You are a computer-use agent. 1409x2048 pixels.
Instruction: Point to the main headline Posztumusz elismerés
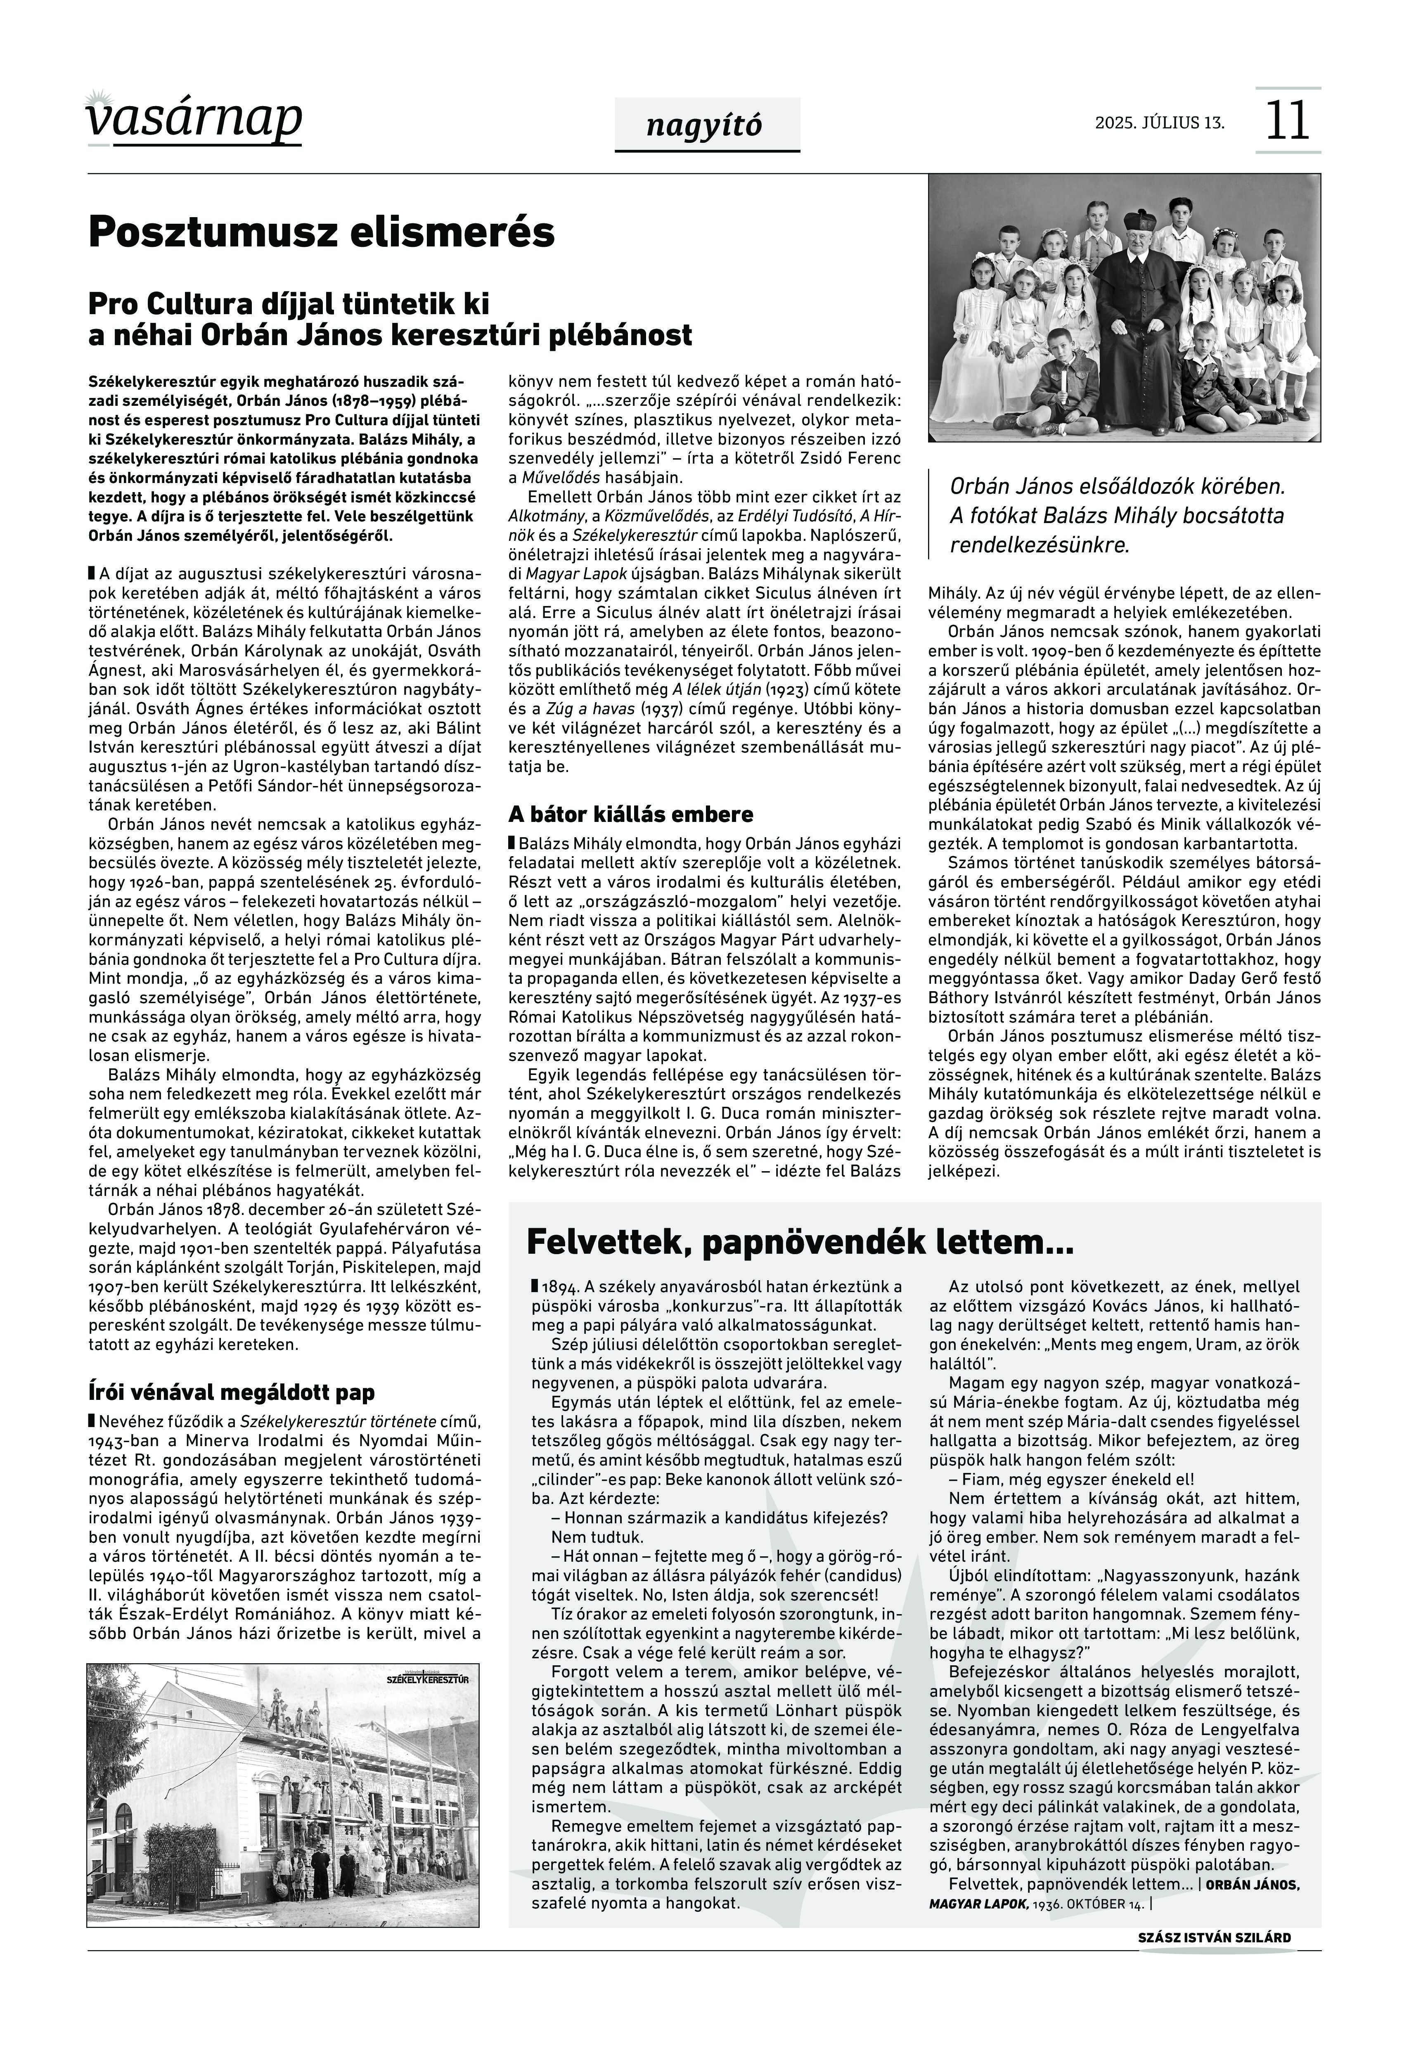(x=321, y=232)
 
